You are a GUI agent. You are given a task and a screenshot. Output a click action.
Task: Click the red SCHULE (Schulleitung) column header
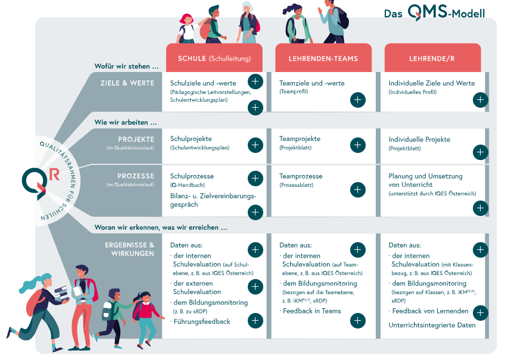click(214, 58)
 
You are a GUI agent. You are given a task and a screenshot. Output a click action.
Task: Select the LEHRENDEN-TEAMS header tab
click(323, 58)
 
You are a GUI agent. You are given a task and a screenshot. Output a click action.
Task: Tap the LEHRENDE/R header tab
click(432, 58)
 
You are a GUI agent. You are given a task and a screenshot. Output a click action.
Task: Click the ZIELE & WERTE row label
click(127, 83)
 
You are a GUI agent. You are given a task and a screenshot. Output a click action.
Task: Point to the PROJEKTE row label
click(136, 139)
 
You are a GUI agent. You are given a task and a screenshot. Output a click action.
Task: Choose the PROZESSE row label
click(136, 176)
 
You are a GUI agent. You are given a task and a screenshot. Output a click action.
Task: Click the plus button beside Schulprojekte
click(255, 145)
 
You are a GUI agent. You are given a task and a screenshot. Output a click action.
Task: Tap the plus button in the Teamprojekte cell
click(358, 145)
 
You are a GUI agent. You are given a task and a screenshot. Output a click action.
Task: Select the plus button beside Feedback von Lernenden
click(480, 313)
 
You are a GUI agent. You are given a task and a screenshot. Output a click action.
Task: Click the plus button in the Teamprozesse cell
click(358, 190)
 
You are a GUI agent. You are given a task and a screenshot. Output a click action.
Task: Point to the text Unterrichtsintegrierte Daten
click(432, 325)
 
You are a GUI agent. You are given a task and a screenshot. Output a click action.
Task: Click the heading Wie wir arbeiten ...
click(126, 123)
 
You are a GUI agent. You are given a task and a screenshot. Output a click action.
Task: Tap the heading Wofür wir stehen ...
click(127, 66)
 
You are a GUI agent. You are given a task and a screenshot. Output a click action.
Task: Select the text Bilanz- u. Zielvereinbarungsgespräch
click(213, 200)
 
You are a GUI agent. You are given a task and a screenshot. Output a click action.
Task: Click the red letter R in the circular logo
click(54, 174)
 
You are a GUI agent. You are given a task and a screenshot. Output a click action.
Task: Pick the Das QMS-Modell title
click(435, 13)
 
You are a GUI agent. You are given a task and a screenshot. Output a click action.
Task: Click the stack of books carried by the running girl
click(61, 293)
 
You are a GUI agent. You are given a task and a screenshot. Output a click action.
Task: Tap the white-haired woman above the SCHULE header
click(249, 22)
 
